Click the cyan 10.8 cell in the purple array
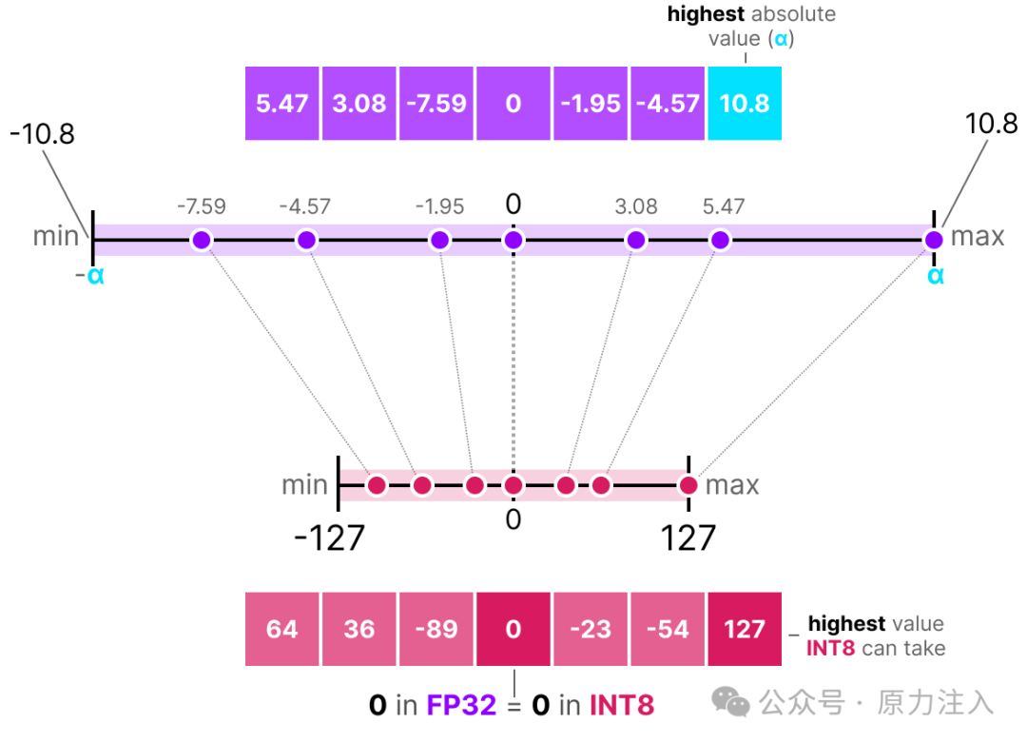(x=745, y=103)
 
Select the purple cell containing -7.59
(x=436, y=103)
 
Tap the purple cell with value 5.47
(x=282, y=103)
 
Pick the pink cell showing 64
(x=282, y=629)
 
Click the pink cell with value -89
(x=436, y=629)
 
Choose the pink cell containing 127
(x=745, y=629)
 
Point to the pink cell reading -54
(x=668, y=629)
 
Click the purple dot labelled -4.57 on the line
(x=306, y=240)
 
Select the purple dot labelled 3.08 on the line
(x=636, y=240)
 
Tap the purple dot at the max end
(x=934, y=240)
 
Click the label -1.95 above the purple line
(x=439, y=206)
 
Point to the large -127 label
(x=329, y=538)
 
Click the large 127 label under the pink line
(x=688, y=538)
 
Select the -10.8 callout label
(x=42, y=133)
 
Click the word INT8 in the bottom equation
(x=622, y=705)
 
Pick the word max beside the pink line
(x=732, y=485)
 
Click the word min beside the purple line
(x=56, y=236)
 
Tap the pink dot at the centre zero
(x=513, y=486)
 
